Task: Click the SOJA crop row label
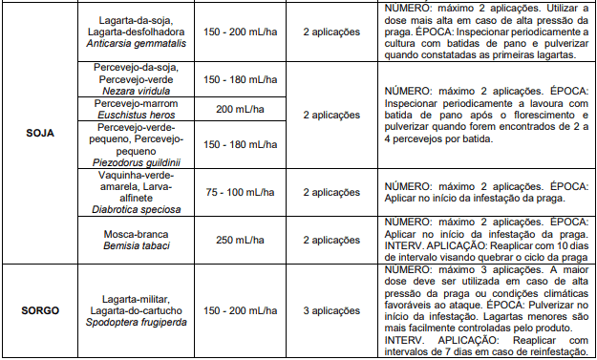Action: (38, 134)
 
